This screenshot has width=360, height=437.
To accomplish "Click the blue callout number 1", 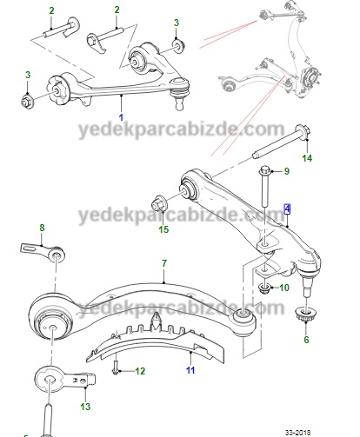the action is coord(121,117).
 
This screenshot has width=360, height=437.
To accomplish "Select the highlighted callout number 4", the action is coord(287,209).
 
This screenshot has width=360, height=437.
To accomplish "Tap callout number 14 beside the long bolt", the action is coord(307,158).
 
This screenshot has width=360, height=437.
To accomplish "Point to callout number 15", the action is coord(163,229).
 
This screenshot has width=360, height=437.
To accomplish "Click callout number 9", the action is coord(287,171).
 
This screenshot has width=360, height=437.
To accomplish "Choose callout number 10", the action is coord(284,288).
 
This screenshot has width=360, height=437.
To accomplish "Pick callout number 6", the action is coord(306,340).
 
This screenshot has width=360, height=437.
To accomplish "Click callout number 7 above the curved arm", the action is coord(164,263).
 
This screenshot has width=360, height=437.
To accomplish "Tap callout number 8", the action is coord(42,228).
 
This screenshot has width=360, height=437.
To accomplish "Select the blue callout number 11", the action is coord(190,370).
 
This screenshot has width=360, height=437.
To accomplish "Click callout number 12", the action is coord(140,371).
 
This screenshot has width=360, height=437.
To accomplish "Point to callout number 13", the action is coord(85,407).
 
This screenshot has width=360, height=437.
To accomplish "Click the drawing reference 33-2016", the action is coord(297,433).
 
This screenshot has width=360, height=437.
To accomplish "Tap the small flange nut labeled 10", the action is coord(264,288).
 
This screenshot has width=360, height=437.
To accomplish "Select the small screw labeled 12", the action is coord(115,367).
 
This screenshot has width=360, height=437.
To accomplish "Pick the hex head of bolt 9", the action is coord(265,169).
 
